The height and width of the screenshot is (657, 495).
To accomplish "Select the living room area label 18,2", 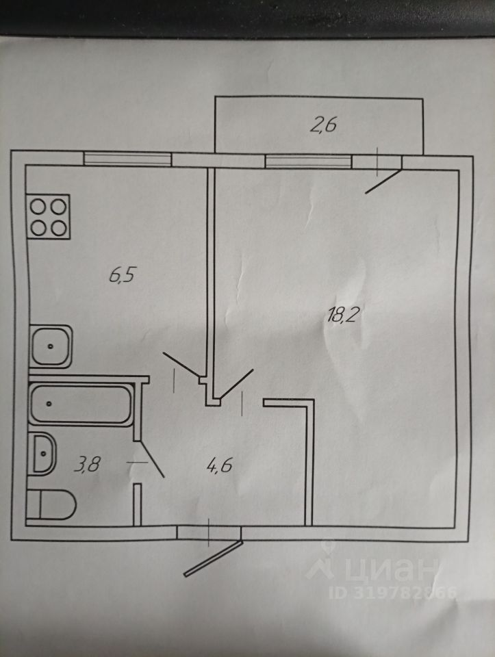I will coord(345,315).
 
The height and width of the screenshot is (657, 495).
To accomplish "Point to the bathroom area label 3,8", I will coord(88,465).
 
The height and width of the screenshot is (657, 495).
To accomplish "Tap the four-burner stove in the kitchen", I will coord(48,217).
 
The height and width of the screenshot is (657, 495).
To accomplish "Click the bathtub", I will coord(81,404).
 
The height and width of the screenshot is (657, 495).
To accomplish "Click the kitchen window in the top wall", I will coord(127,159).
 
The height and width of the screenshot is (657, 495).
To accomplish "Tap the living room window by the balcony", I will coord(308,162).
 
